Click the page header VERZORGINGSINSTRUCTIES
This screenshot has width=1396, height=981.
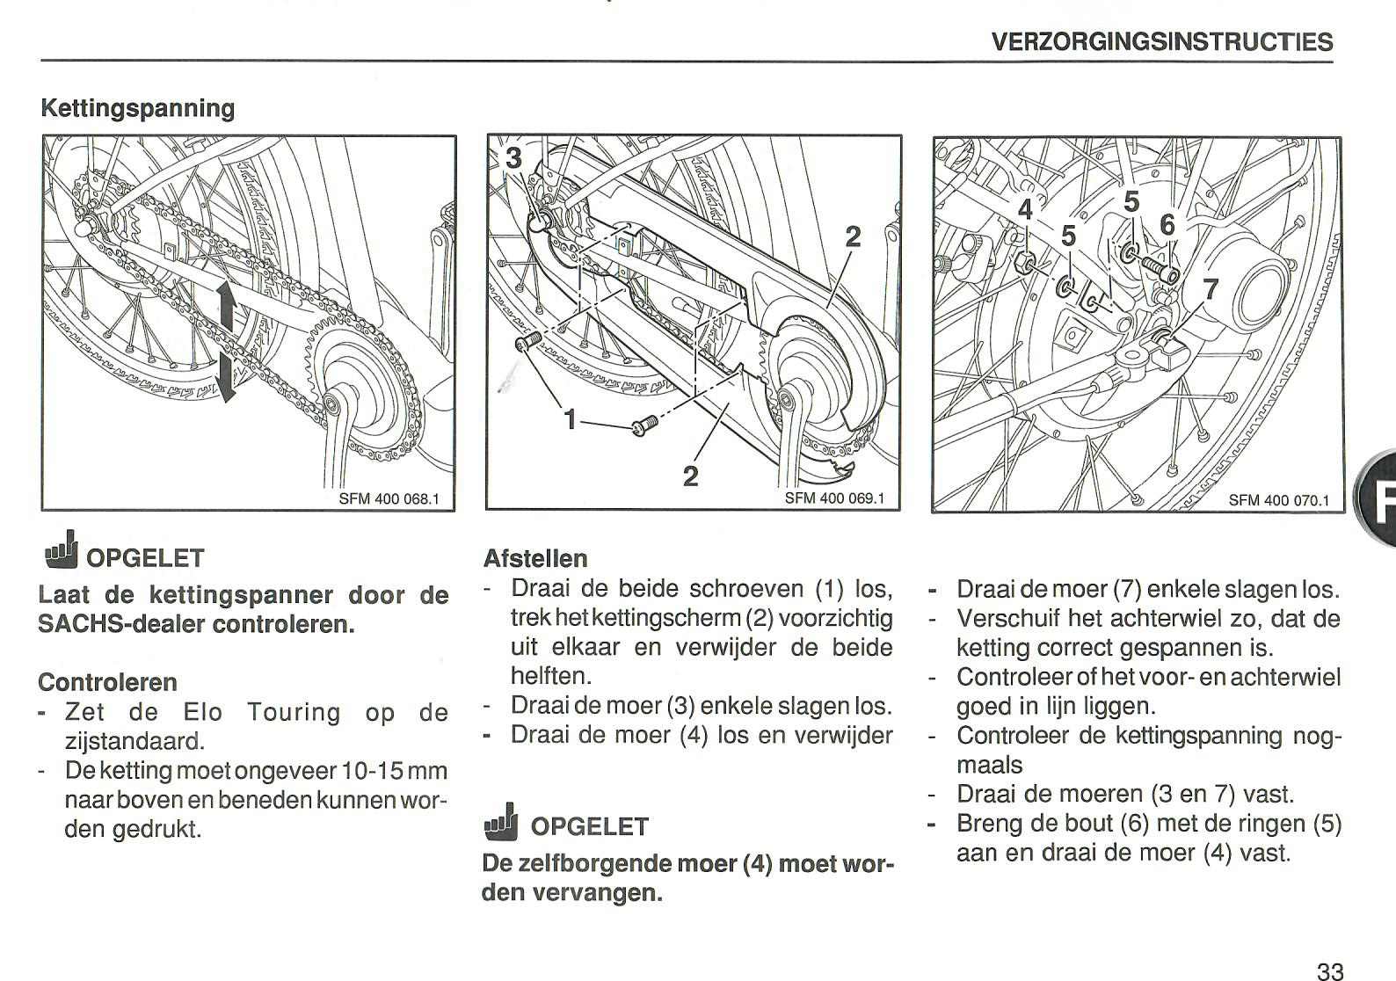click(1161, 41)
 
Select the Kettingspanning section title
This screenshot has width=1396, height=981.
click(138, 109)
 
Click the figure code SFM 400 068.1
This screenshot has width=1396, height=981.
click(388, 498)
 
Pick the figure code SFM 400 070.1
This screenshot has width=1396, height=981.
click(1278, 500)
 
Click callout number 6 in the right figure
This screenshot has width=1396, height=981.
click(1167, 226)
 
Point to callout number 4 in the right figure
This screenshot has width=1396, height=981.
click(1025, 211)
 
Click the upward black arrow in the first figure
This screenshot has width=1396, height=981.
click(227, 308)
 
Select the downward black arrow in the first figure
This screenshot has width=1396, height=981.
click(227, 375)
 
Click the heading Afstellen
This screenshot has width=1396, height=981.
click(535, 558)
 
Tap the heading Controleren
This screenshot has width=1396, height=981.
click(108, 682)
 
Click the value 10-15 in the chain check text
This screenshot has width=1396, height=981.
click(373, 771)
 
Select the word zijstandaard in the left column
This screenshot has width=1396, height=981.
click(134, 741)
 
